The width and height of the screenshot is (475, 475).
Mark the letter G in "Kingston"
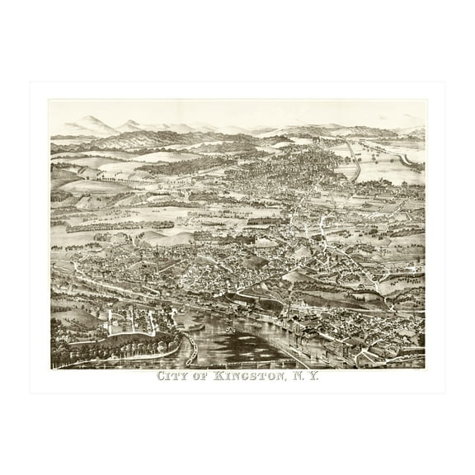(249, 379)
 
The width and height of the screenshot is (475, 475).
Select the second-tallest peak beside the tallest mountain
(129, 125)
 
